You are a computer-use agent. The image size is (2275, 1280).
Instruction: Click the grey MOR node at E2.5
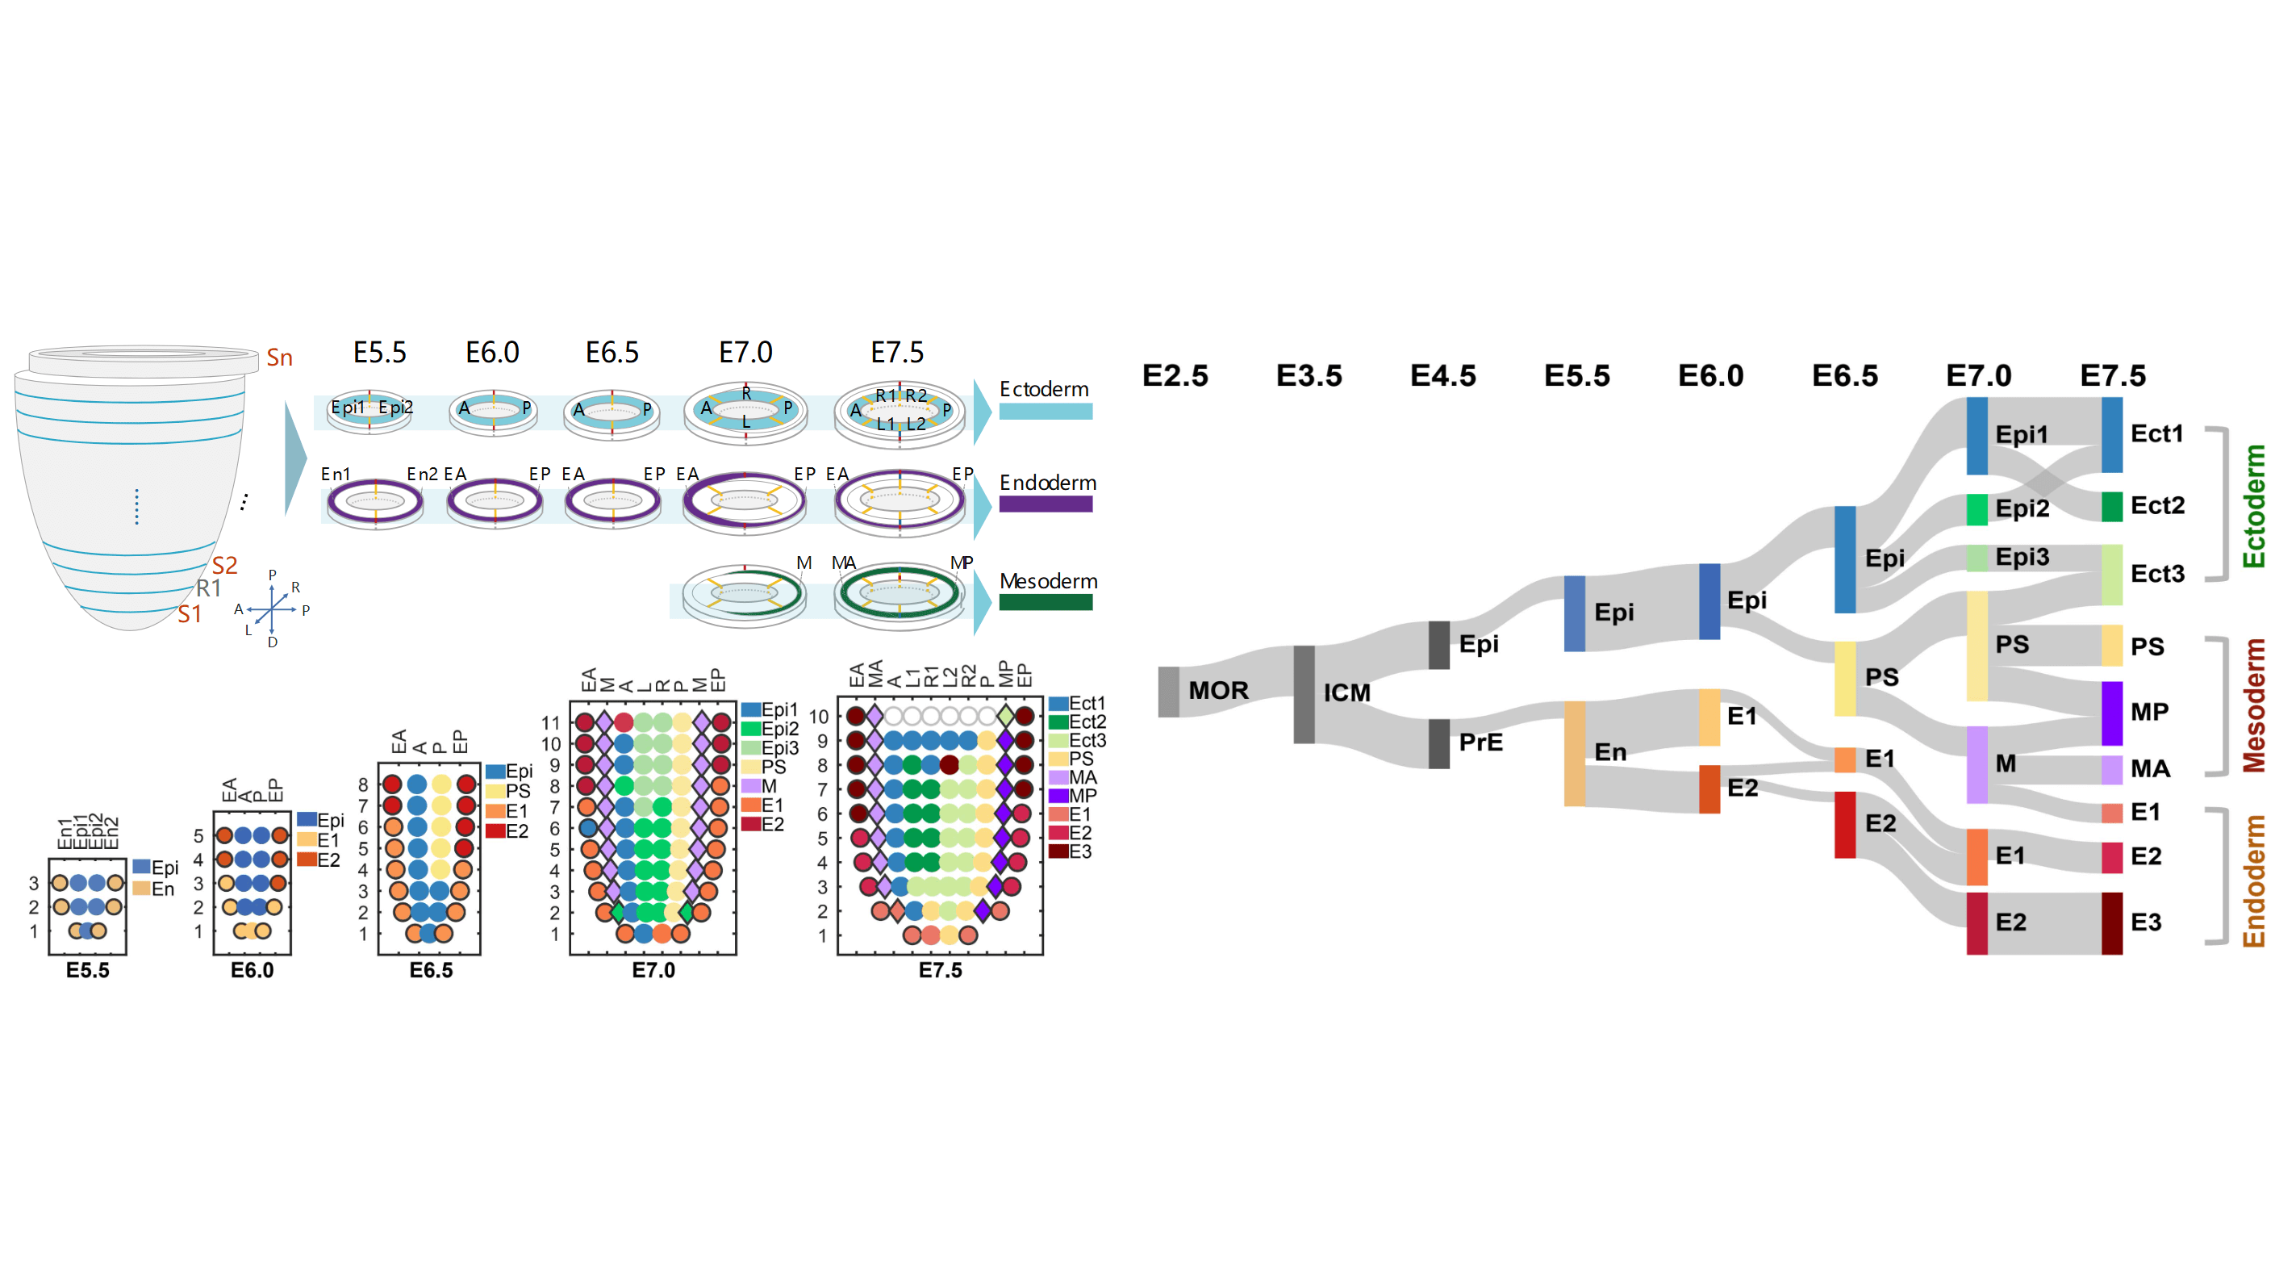coord(1167,692)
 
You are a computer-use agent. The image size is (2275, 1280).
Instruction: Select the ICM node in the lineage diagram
coord(1304,694)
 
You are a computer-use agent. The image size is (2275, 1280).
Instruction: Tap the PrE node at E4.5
coord(1438,743)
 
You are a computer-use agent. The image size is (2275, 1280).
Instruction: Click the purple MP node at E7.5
coord(2110,713)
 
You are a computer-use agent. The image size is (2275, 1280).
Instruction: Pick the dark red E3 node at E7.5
coord(2110,923)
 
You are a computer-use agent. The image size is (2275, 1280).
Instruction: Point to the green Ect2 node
coord(2110,506)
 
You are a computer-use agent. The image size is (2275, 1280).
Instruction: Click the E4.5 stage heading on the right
coord(1442,376)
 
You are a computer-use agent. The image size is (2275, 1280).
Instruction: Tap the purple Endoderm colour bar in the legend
coord(1046,504)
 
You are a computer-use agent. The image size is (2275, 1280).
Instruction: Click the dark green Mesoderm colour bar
coord(1046,602)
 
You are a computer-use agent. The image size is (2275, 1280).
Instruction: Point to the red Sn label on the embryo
coord(279,358)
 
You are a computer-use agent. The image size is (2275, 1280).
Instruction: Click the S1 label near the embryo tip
coord(189,615)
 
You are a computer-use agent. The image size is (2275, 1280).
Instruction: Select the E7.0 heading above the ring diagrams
coord(745,353)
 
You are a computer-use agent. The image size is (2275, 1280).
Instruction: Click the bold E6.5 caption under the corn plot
coord(431,970)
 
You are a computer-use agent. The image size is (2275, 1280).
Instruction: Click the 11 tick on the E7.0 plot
coord(550,722)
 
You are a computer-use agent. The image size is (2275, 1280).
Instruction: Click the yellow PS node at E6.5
coord(1845,679)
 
